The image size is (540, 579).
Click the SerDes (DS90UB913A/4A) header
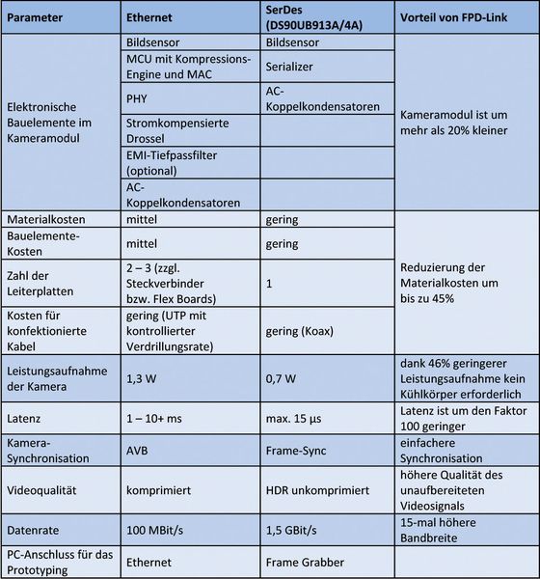(x=311, y=19)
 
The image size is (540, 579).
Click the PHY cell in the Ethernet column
(x=138, y=97)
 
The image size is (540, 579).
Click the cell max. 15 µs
(x=294, y=420)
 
